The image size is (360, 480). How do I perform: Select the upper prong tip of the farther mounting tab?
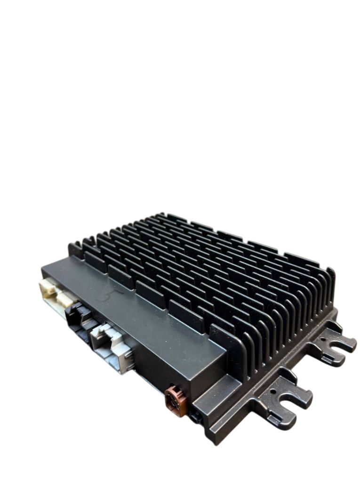click(354, 344)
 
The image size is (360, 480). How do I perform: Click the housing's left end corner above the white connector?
click(43, 266)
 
